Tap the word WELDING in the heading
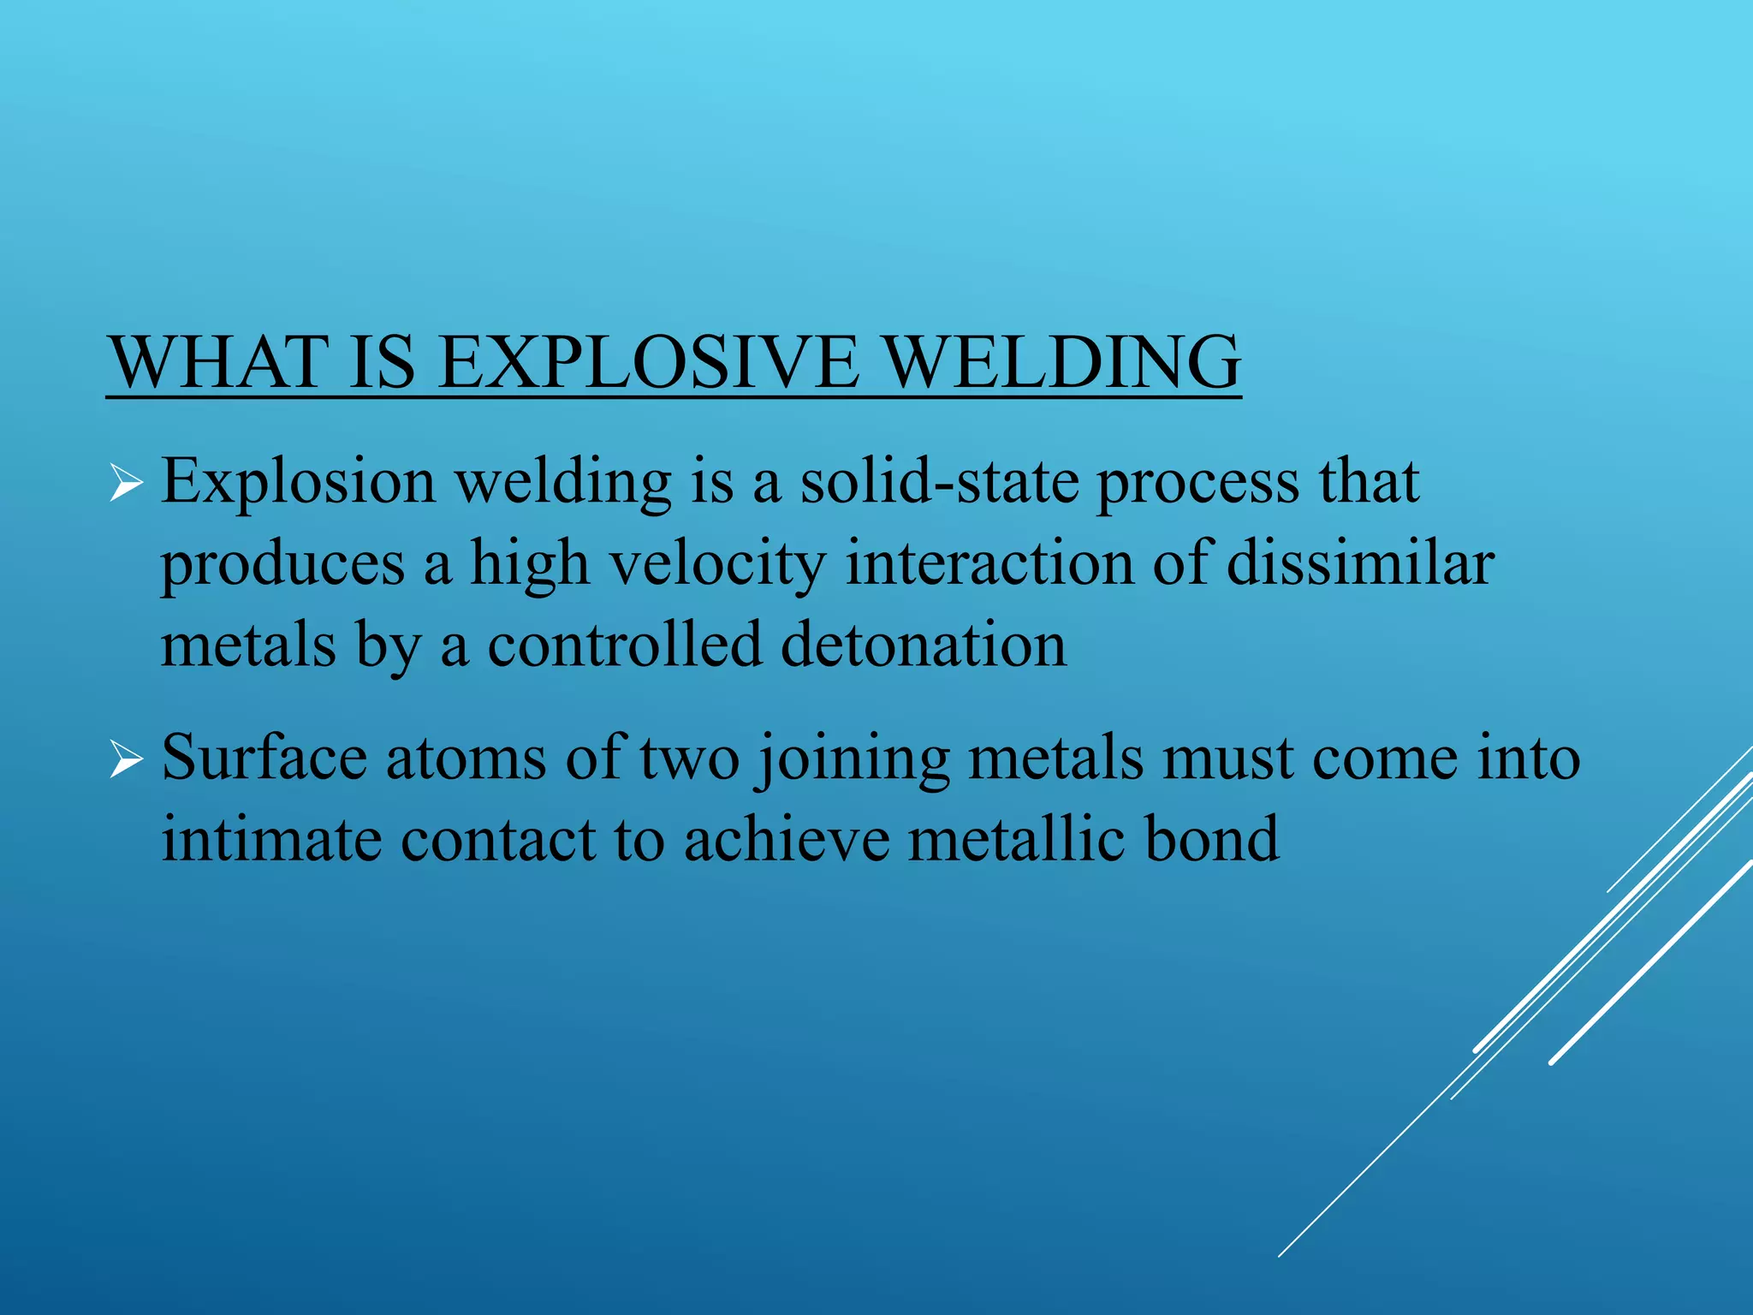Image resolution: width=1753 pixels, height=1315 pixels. pyautogui.click(x=1061, y=363)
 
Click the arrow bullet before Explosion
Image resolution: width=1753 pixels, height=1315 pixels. pyautogui.click(x=126, y=485)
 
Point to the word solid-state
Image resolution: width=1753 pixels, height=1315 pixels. pyautogui.click(x=940, y=482)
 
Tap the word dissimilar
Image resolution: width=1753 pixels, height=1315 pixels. pyautogui.click(x=1360, y=564)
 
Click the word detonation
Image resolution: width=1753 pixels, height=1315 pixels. pyautogui.click(x=924, y=646)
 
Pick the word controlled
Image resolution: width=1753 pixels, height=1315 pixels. pyautogui.click(x=624, y=646)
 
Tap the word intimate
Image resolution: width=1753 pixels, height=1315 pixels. pyautogui.click(x=271, y=840)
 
